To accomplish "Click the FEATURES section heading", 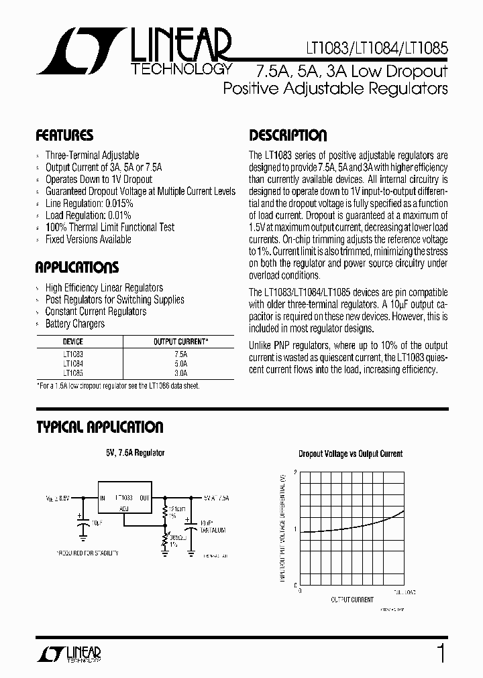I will (64, 135).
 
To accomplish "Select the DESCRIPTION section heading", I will (288, 135).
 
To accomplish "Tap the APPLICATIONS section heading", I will (76, 268).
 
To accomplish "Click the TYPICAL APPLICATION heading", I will (99, 427).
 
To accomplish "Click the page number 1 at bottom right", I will (441, 653).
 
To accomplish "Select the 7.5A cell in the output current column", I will (180, 352).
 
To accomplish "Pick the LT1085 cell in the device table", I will (74, 372).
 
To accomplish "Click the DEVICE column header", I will (74, 341).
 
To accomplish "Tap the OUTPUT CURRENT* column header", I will (180, 341).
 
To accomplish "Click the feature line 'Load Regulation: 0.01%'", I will (88, 215).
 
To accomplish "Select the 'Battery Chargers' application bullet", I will (74, 324).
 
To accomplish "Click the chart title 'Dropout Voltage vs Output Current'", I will (350, 454).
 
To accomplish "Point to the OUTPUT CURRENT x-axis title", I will (352, 600).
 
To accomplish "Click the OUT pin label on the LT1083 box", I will (145, 498).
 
